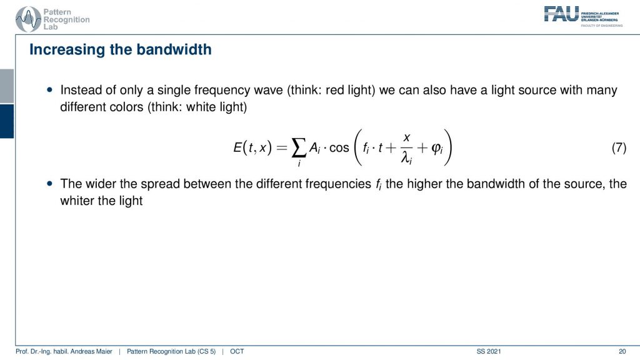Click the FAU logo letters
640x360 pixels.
click(x=561, y=14)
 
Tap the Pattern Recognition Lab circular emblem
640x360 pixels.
click(x=28, y=19)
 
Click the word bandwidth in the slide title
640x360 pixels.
click(x=174, y=49)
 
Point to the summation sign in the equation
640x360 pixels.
click(x=299, y=147)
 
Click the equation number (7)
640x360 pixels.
click(x=619, y=147)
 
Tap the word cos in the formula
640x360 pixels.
click(x=339, y=147)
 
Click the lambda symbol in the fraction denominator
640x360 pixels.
click(x=405, y=157)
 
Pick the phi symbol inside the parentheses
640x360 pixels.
click(x=436, y=148)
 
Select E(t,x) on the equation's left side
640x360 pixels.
click(x=252, y=147)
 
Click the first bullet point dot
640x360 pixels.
click(x=50, y=90)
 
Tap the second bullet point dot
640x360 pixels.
click(x=50, y=184)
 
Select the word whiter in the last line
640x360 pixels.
click(x=77, y=201)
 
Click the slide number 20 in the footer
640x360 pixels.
click(x=622, y=351)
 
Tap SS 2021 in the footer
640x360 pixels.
click(x=489, y=351)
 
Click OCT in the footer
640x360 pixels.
click(x=237, y=351)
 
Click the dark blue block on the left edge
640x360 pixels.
click(x=7, y=121)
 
